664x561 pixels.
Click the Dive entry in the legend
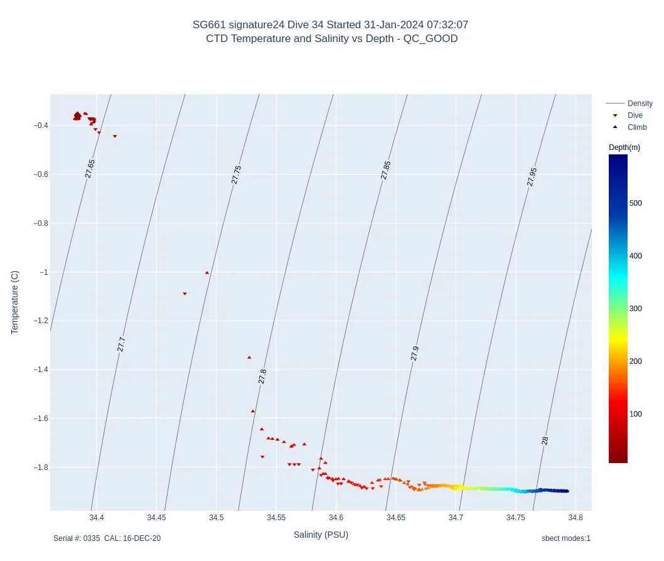pyautogui.click(x=635, y=115)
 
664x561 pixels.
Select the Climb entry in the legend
pyautogui.click(x=636, y=127)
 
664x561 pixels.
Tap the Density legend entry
pyautogui.click(x=640, y=104)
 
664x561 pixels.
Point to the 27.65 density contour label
pyautogui.click(x=90, y=169)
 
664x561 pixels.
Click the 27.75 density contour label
pyautogui.click(x=237, y=174)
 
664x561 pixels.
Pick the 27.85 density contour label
pyautogui.click(x=386, y=170)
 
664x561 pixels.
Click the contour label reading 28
pyautogui.click(x=545, y=441)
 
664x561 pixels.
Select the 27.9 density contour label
pyautogui.click(x=415, y=353)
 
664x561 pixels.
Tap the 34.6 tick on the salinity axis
pyautogui.click(x=336, y=518)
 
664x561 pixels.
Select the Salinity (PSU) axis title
pyautogui.click(x=321, y=535)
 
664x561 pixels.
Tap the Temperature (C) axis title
pyautogui.click(x=15, y=302)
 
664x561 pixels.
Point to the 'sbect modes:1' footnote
pyautogui.click(x=565, y=538)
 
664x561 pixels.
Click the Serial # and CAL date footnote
pyautogui.click(x=107, y=538)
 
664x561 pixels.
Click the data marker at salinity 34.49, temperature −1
pyautogui.click(x=207, y=272)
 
